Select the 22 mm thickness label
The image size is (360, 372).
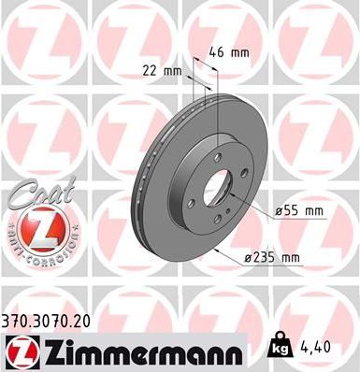pyautogui.click(x=160, y=71)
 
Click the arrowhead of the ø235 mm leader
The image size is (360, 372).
pyautogui.click(x=216, y=250)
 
